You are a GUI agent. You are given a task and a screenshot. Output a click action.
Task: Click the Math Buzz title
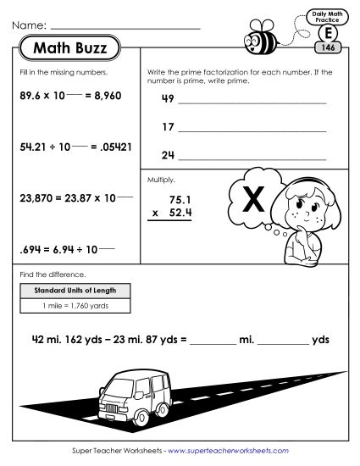tap(69, 48)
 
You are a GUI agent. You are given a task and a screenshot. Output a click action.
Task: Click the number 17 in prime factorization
tap(167, 128)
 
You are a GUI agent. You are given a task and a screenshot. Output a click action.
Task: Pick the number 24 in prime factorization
tap(167, 155)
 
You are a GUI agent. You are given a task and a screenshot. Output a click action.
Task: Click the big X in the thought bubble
tap(252, 202)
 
